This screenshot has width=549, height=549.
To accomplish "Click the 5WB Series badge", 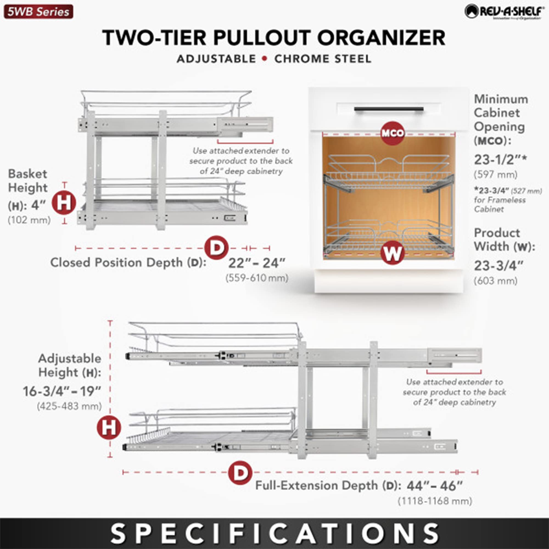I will tap(38, 12).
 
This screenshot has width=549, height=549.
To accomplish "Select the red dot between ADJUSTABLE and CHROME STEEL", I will tap(265, 59).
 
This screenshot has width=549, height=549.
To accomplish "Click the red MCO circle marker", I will tap(393, 133).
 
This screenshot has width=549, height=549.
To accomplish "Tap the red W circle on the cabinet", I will tap(392, 253).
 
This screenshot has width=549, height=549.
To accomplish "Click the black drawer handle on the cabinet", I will tap(389, 110).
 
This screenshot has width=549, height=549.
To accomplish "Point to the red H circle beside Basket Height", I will tap(64, 203).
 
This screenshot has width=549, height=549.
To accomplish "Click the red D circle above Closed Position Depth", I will tap(217, 248).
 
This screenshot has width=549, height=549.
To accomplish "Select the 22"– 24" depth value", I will tap(257, 263).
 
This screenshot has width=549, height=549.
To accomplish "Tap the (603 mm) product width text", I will tap(495, 281).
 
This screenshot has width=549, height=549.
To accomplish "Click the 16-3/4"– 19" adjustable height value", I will tap(62, 392).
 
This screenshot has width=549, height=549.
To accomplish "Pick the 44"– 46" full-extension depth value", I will tap(435, 486).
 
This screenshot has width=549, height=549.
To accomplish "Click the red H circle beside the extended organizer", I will tap(109, 427).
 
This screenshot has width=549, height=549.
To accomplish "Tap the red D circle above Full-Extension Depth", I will tap(240, 473).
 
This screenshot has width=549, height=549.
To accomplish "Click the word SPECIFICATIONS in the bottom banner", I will tap(274, 533).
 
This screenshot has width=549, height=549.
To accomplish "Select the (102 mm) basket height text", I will tap(29, 220).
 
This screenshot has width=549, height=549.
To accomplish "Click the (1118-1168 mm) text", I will tap(435, 501).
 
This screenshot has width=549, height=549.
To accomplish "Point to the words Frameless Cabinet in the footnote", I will tap(500, 205).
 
